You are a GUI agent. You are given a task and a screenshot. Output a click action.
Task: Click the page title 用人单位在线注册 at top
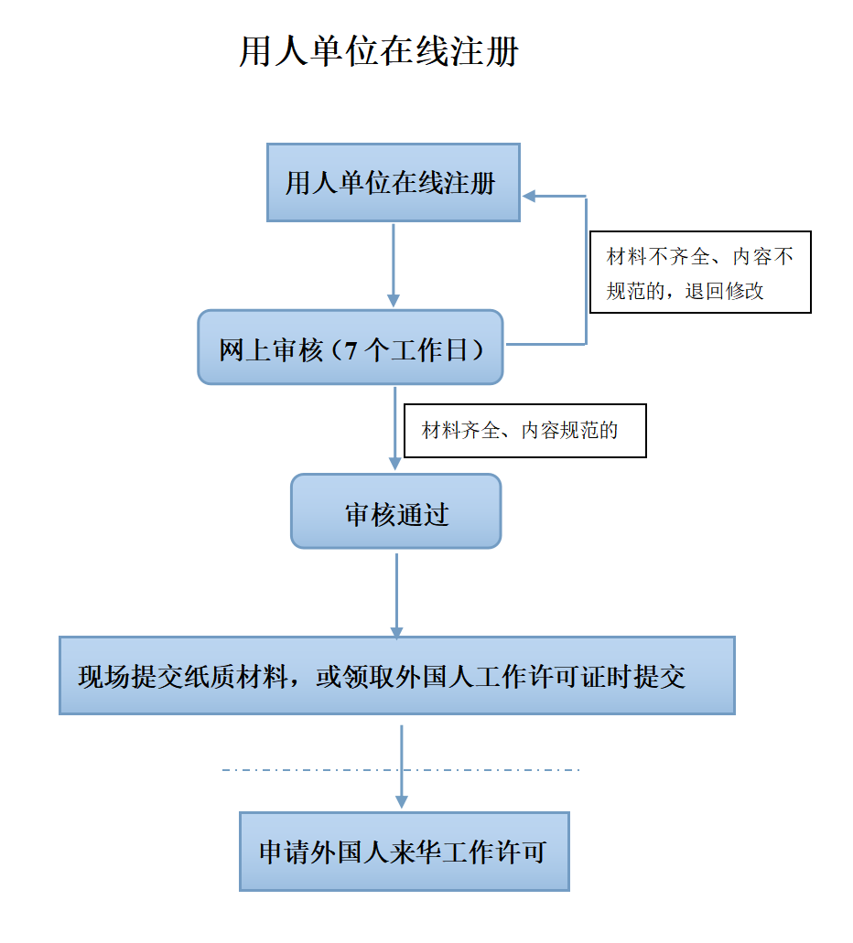[x=379, y=52]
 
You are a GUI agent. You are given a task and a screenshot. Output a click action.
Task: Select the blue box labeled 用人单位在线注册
[x=393, y=182]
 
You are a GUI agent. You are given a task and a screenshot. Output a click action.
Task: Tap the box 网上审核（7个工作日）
[x=351, y=348]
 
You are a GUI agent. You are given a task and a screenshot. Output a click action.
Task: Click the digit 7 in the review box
[x=351, y=350]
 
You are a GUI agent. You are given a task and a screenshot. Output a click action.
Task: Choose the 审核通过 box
[x=395, y=512]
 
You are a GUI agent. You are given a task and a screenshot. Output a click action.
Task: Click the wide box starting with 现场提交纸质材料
[x=396, y=676]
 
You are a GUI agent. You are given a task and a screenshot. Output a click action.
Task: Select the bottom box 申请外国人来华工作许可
[x=404, y=852]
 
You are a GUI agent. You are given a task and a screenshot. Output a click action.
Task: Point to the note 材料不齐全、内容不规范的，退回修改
[x=700, y=273]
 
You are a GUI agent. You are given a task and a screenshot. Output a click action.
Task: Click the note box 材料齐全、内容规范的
[x=524, y=431]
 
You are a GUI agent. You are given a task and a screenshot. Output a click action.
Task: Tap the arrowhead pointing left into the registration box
[x=530, y=196]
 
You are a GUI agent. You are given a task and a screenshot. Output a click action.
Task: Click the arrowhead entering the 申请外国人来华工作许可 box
[x=402, y=800]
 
